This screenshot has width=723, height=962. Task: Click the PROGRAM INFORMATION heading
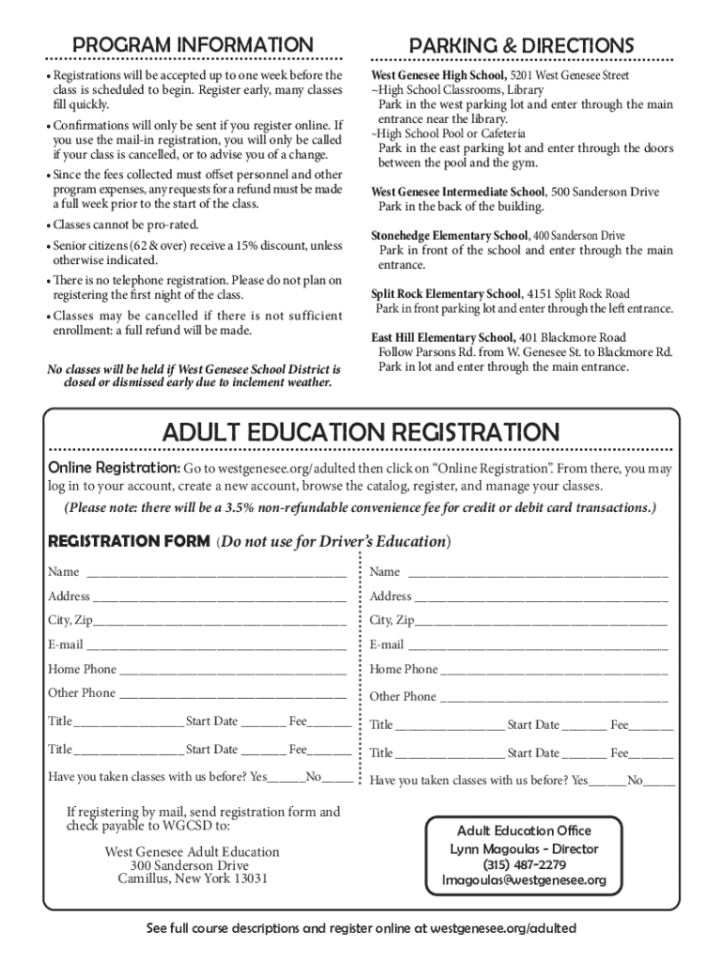pos(193,45)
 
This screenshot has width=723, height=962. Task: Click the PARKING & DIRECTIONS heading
pos(520,45)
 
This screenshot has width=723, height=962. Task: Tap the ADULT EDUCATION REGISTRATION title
pos(361,432)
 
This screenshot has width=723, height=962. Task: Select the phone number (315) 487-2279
pos(524,864)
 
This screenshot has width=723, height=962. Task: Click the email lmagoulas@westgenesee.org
pos(524,881)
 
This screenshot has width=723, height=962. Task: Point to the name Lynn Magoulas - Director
pos(524,848)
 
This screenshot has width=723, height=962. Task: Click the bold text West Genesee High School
pos(438,75)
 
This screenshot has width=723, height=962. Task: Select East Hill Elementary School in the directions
pos(442,337)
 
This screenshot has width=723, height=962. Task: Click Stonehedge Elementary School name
pos(450,235)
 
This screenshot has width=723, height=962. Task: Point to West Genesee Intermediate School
pos(457,192)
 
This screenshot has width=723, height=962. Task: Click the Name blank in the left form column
pos(216,572)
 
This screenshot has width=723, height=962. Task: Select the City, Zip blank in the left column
pos(220,621)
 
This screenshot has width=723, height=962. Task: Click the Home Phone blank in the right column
pos(554,670)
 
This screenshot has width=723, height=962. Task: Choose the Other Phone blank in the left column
pos(233,694)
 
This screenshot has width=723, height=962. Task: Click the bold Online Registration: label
pos(114,468)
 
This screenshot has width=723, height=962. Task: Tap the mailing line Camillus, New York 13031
pos(192,879)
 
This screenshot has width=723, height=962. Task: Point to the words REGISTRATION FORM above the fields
pos(129,541)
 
